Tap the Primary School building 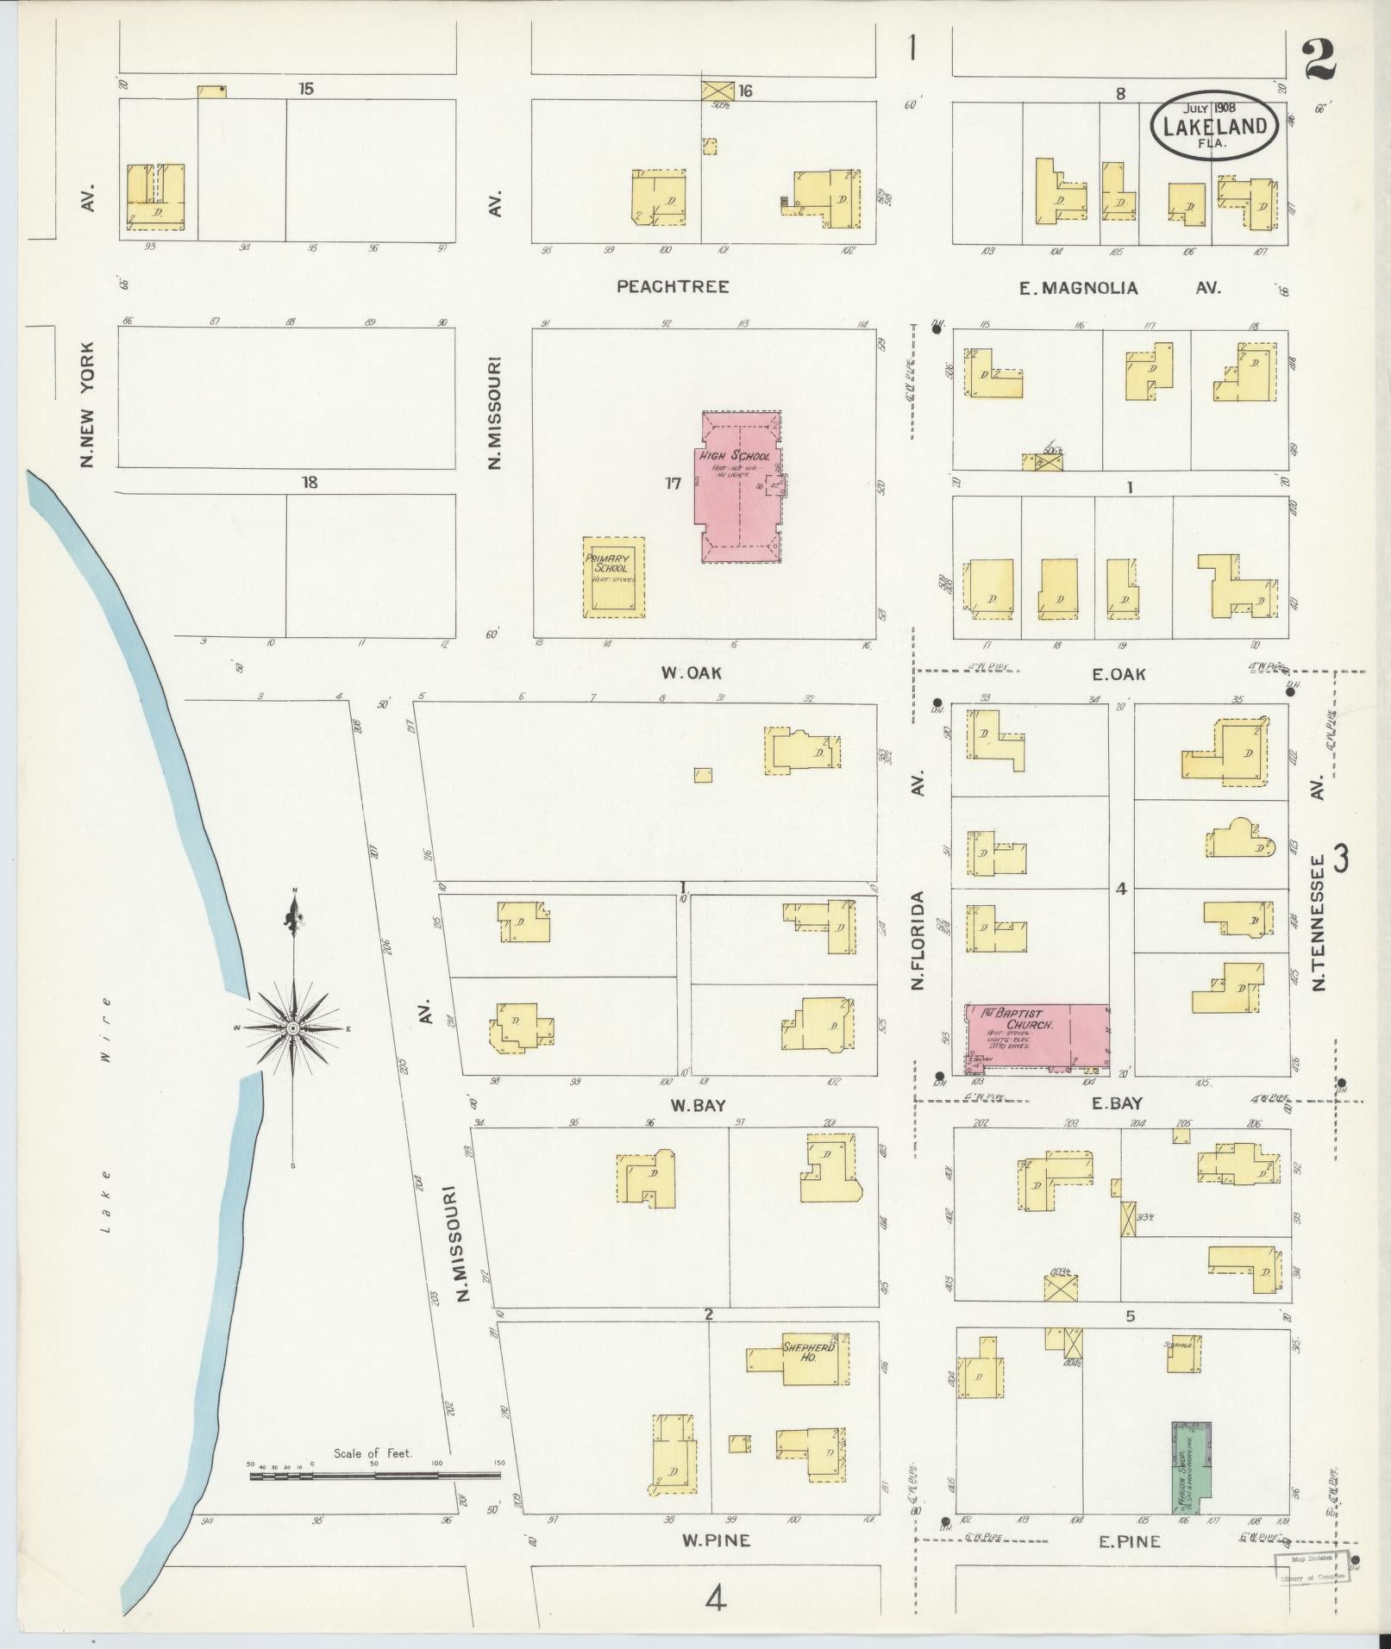(613, 577)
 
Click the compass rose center (293, 1028)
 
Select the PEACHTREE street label (673, 286)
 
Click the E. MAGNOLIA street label (1078, 289)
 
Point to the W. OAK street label (691, 672)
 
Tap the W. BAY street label (688, 1104)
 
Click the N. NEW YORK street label (87, 403)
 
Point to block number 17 (674, 483)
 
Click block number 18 (309, 483)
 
